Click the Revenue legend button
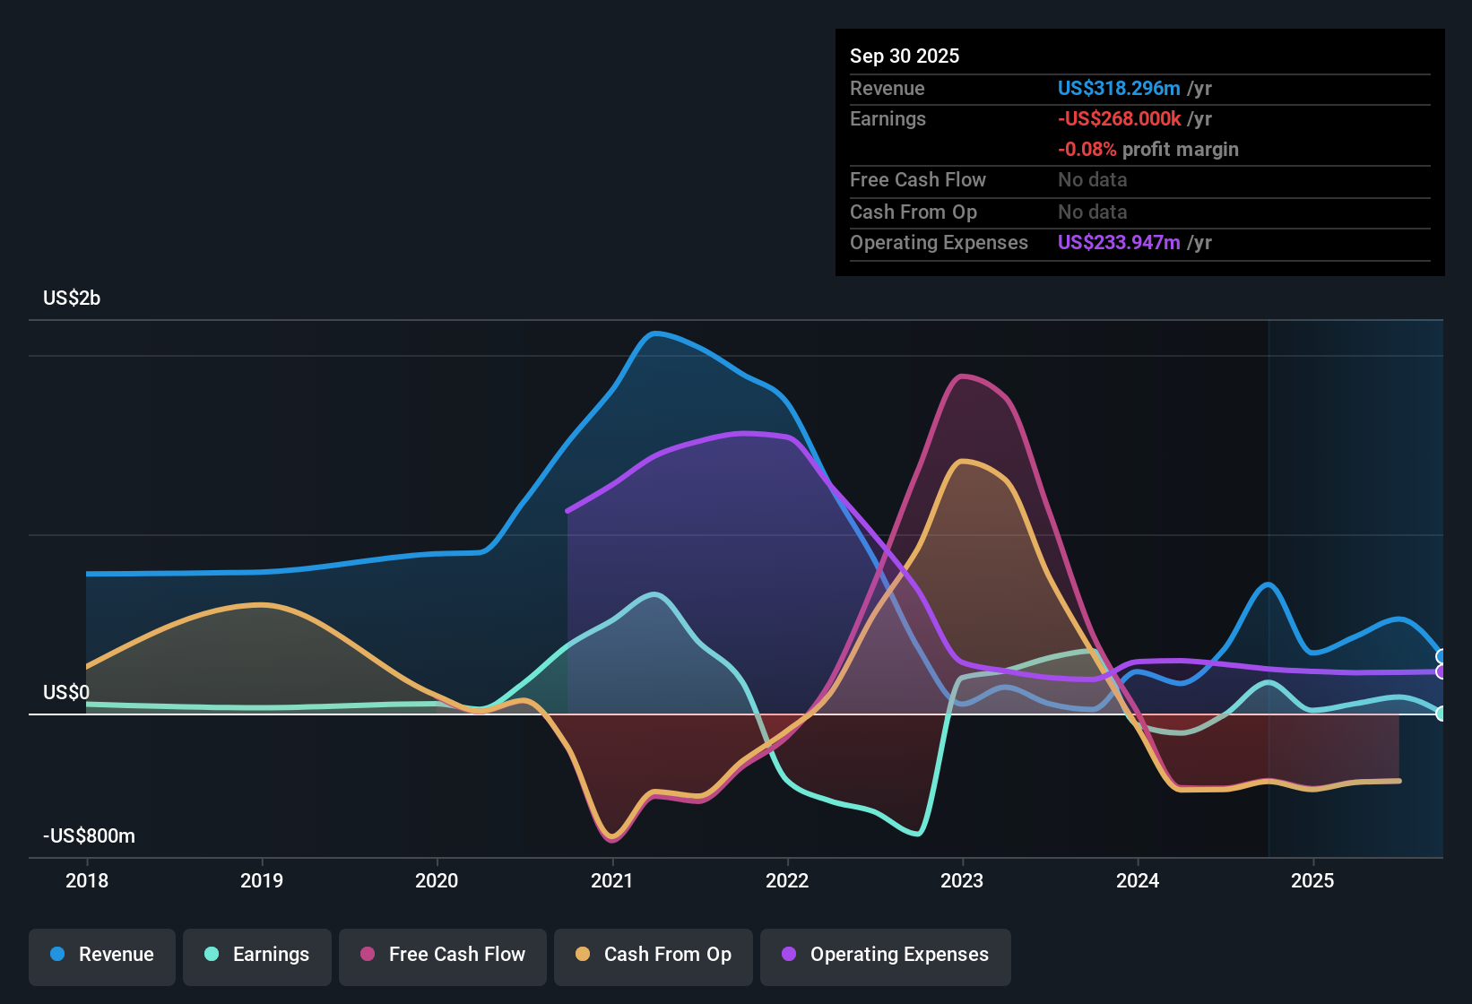tap(102, 955)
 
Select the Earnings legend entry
tap(257, 955)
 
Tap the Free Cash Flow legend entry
tap(443, 955)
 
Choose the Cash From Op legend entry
tap(654, 955)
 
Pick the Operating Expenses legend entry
tap(886, 955)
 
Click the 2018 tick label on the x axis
tap(87, 881)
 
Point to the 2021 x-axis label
tap(612, 881)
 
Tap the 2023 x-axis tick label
tap(962, 881)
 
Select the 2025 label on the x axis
tap(1312, 881)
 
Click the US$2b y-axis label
tap(72, 299)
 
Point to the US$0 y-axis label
tap(66, 693)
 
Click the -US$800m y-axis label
tap(89, 836)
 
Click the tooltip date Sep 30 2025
tap(905, 56)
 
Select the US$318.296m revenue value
tap(1119, 89)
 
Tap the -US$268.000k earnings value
tap(1119, 119)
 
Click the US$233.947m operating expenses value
tap(1119, 243)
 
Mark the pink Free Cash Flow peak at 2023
tap(962, 376)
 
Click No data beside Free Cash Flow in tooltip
tap(1092, 180)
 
